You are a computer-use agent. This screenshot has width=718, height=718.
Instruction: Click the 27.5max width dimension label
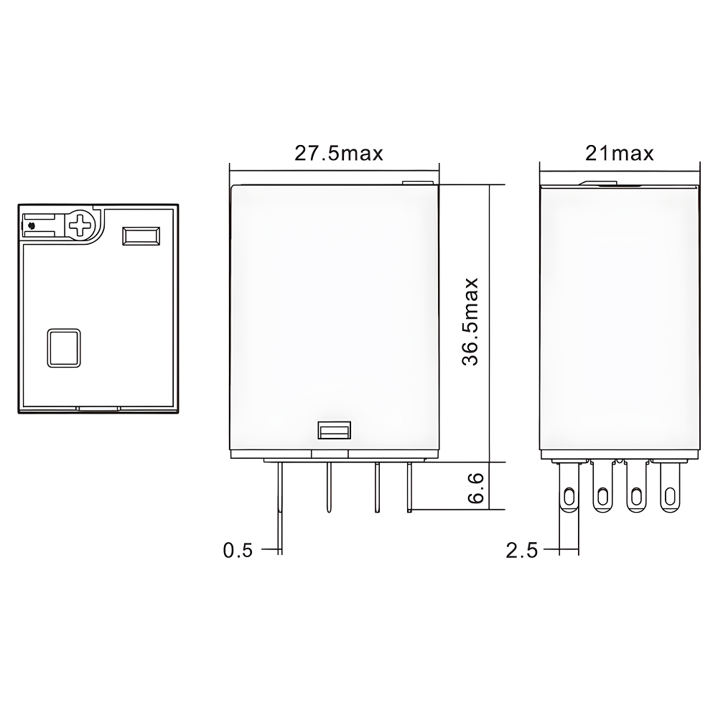338,153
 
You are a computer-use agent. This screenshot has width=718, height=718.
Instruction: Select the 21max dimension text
619,153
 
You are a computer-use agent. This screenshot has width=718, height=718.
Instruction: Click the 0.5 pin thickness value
238,551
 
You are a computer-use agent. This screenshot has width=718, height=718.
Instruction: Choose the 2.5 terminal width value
521,551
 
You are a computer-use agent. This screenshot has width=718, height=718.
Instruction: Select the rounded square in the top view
63,348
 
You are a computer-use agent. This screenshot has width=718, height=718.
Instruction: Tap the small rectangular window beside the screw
141,236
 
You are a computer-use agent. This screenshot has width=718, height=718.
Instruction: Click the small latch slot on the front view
333,431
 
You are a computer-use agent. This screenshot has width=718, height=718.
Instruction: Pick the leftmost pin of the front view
279,503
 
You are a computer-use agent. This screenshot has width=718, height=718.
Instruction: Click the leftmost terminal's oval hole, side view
567,496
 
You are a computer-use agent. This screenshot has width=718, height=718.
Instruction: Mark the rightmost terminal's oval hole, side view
670,496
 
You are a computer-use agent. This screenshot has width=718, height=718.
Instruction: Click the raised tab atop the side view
611,183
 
